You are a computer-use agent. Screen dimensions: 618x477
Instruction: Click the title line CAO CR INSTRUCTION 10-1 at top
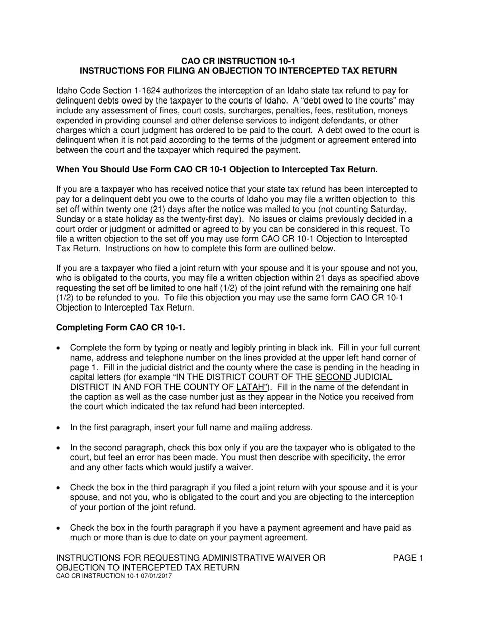[x=238, y=60]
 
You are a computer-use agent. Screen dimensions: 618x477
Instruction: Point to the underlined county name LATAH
[x=252, y=387]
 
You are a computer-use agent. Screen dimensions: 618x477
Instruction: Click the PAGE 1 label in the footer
[x=408, y=558]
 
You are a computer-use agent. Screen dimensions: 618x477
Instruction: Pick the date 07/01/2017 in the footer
[x=154, y=576]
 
